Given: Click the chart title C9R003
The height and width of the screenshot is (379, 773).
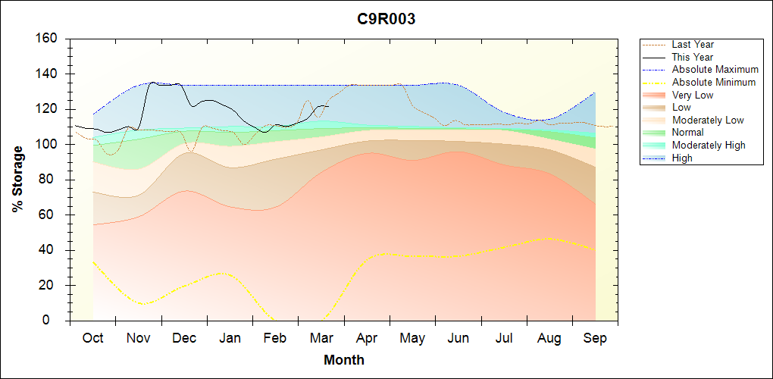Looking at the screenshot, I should click(386, 20).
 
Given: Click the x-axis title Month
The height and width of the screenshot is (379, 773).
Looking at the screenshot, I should click(344, 360).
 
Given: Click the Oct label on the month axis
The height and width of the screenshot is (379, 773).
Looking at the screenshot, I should click(92, 339).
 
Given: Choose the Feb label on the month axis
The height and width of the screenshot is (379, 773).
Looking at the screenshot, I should click(275, 339).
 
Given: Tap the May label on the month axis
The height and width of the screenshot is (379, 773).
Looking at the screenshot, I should click(412, 339).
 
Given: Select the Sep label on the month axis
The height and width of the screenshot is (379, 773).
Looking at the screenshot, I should click(595, 339).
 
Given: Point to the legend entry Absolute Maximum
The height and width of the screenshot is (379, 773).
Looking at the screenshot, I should click(715, 70).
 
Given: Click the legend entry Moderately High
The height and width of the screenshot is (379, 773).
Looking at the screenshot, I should click(709, 146).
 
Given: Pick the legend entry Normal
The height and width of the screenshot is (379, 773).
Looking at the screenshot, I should click(688, 133).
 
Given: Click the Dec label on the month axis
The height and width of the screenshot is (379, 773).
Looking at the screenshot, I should click(184, 339).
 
